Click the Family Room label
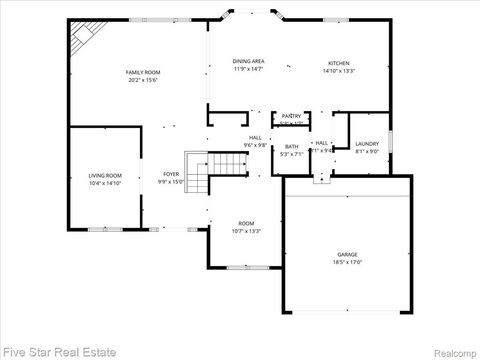(143, 72)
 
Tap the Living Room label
(105, 175)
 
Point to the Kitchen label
(339, 62)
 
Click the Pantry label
(291, 116)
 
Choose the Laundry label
(367, 144)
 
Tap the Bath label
(291, 146)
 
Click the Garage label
(347, 256)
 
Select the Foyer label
(171, 175)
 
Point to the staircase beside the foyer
(197, 172)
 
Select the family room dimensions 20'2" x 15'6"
(143, 80)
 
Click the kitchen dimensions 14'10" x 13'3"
(339, 71)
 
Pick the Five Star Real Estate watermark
(60, 351)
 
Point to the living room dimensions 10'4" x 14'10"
(105, 184)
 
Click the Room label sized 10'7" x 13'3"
(246, 223)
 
